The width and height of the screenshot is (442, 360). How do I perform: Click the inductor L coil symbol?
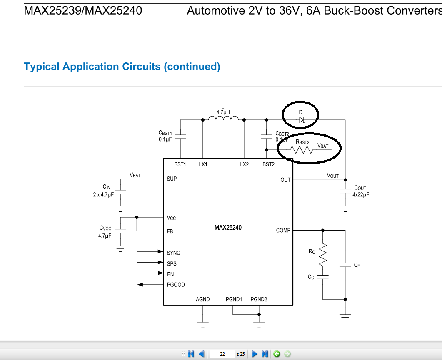(x=223, y=119)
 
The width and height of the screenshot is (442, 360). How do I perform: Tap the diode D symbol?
(x=301, y=120)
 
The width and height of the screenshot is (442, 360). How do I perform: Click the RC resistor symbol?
(x=322, y=255)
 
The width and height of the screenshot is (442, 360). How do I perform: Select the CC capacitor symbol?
(x=322, y=277)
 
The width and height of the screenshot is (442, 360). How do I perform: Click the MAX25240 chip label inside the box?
(x=228, y=228)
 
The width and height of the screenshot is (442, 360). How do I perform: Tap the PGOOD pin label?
(x=176, y=285)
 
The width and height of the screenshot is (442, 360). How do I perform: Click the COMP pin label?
(x=283, y=230)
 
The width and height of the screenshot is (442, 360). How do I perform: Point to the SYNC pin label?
(x=173, y=253)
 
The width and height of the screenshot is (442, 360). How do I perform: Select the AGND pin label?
(x=203, y=299)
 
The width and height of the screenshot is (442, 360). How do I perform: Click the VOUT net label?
(x=333, y=176)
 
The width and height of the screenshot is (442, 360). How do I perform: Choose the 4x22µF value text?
(x=361, y=194)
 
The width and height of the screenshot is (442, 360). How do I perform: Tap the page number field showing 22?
(x=222, y=354)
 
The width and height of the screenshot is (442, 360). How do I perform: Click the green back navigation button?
(x=277, y=354)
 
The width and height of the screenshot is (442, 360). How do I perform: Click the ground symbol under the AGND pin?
(x=203, y=323)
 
